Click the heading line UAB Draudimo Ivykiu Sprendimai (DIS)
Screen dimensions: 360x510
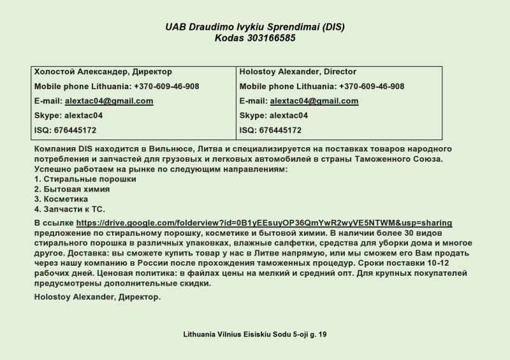tap(255, 27)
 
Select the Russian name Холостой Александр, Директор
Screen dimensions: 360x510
tap(103, 72)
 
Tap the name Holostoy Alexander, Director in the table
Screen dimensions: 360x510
tap(298, 72)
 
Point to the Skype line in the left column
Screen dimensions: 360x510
tap(68, 116)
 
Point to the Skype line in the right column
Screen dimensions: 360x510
tap(273, 116)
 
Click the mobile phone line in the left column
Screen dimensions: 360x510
tap(117, 87)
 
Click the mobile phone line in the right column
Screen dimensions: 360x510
tap(322, 87)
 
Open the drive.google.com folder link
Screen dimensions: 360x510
tap(264, 223)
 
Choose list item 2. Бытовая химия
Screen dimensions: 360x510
tap(71, 189)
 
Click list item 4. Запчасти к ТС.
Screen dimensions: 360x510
tap(69, 209)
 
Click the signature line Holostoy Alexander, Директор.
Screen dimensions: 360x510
tap(98, 297)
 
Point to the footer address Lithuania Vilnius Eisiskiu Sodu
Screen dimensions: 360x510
tap(255, 335)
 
